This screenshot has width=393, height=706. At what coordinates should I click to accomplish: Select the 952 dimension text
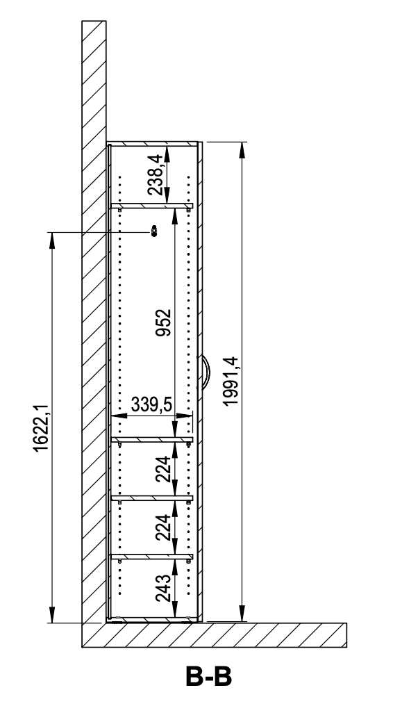[x=163, y=322]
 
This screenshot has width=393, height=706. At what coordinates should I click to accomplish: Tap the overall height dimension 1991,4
[x=231, y=381]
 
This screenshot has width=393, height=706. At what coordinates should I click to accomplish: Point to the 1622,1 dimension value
[x=41, y=428]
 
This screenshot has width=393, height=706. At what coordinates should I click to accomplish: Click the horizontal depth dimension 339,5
[x=152, y=405]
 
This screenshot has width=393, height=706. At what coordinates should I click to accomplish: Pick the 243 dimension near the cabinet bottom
[x=162, y=589]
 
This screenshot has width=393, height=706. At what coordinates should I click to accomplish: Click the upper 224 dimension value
[x=162, y=469]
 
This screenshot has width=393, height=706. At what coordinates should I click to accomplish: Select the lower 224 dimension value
[x=162, y=527]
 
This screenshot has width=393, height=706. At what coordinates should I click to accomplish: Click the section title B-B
[x=208, y=676]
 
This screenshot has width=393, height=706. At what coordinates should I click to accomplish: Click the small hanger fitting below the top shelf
[x=154, y=231]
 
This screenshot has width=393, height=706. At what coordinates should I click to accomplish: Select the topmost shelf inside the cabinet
[x=152, y=206]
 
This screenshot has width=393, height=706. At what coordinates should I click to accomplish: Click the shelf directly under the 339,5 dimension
[x=152, y=439]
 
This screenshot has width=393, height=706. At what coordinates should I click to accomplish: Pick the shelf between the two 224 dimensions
[x=152, y=498]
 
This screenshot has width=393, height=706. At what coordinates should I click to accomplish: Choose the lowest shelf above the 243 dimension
[x=152, y=557]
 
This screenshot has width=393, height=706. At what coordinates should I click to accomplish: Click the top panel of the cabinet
[x=153, y=144]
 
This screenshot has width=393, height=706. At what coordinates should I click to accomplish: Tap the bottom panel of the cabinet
[x=153, y=620]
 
